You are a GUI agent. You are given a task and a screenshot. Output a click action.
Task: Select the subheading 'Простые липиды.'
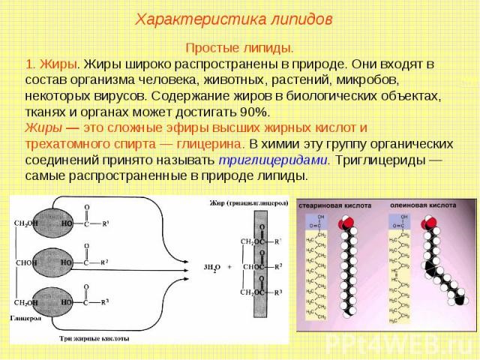[239, 46]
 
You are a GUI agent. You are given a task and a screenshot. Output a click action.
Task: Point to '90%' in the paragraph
[253, 111]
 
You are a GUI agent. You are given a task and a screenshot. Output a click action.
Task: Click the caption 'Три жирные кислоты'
[94, 339]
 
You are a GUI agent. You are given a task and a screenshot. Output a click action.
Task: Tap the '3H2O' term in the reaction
[213, 265]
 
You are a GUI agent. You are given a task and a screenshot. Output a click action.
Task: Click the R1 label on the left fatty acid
[105, 222]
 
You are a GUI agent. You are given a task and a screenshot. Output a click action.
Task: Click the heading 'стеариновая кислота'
[334, 203]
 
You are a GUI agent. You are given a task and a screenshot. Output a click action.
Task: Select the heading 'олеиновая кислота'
[422, 203]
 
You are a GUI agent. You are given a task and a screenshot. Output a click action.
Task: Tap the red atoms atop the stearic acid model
[346, 224]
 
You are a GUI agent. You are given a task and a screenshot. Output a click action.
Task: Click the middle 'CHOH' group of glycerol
[27, 262]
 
